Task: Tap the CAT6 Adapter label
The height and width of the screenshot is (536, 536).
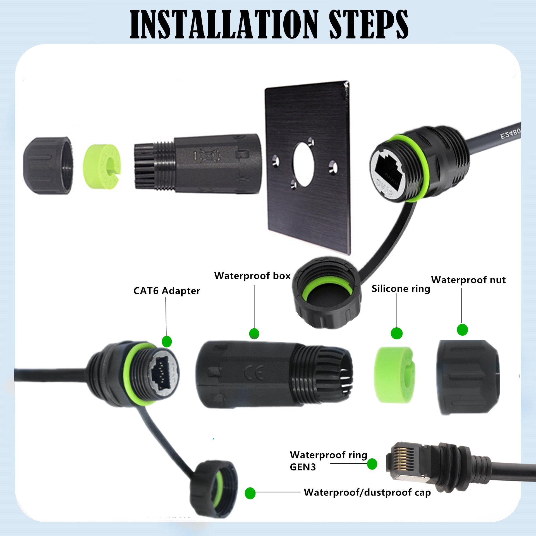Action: pos(167,291)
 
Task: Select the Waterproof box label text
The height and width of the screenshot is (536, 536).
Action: pos(252,276)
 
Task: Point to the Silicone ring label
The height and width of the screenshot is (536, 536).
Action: pos(401,289)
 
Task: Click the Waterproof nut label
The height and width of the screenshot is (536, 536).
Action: pos(468,280)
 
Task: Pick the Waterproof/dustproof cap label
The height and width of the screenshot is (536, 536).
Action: pos(367,492)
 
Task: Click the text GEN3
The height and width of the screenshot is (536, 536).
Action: pos(303,467)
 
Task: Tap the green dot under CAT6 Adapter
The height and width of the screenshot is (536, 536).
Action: pos(167,341)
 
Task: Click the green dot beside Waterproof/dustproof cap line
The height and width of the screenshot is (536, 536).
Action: pos(250,493)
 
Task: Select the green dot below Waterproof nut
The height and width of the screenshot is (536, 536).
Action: pos(462,329)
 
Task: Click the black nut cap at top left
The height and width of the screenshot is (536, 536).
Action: pos(47,166)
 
